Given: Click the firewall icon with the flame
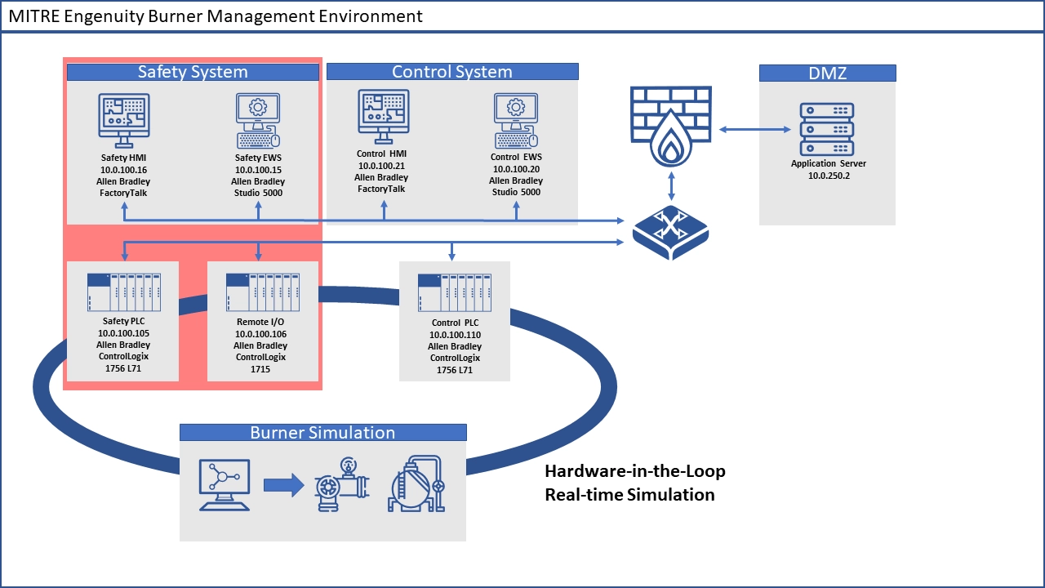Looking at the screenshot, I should tap(670, 127).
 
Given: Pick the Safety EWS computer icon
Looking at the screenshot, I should tap(257, 119).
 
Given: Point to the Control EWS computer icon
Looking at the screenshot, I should tap(515, 119).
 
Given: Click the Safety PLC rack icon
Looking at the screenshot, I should tap(123, 292).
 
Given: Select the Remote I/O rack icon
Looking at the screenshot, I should tap(260, 292).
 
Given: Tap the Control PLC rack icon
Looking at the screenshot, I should tap(454, 292).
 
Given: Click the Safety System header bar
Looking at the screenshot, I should tap(193, 72).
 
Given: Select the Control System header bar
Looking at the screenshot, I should tap(452, 72).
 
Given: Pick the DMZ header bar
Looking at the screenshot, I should tap(827, 73).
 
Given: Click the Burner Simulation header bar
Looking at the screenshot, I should tap(322, 433).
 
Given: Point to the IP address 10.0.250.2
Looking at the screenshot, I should tap(828, 176).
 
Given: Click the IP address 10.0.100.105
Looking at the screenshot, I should tap(123, 333).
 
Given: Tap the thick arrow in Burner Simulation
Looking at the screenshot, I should tap(283, 486).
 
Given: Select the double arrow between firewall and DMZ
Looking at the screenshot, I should tap(754, 129).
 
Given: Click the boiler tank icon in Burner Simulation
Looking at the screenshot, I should tap(416, 484).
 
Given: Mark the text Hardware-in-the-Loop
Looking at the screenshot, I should tap(635, 471).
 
